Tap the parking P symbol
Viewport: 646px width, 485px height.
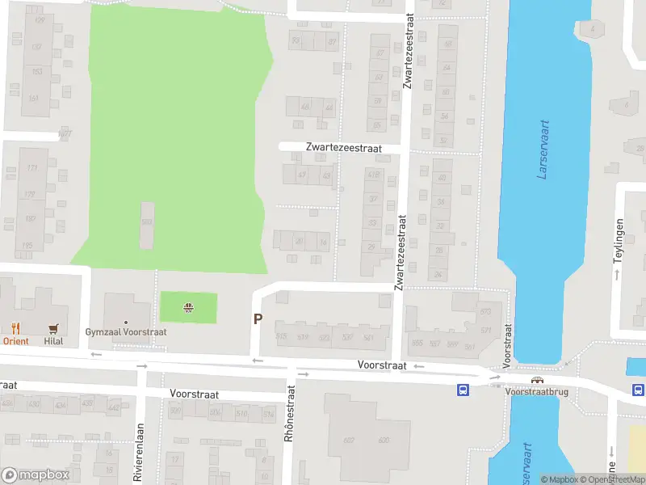tap(258, 319)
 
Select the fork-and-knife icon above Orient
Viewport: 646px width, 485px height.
tap(15, 328)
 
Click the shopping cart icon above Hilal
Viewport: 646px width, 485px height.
tap(54, 328)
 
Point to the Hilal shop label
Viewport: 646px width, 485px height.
tap(54, 341)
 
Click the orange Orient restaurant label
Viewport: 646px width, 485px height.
tap(15, 341)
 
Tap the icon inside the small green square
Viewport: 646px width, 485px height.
tap(188, 306)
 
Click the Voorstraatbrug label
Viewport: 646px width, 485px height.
tap(535, 391)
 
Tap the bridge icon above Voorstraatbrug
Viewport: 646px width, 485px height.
tap(535, 380)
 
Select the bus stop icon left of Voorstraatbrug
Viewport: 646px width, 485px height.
tap(463, 390)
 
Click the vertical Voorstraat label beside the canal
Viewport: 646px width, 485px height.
tap(508, 346)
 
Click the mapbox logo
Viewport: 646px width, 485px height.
tap(36, 475)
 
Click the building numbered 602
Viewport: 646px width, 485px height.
tap(349, 440)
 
